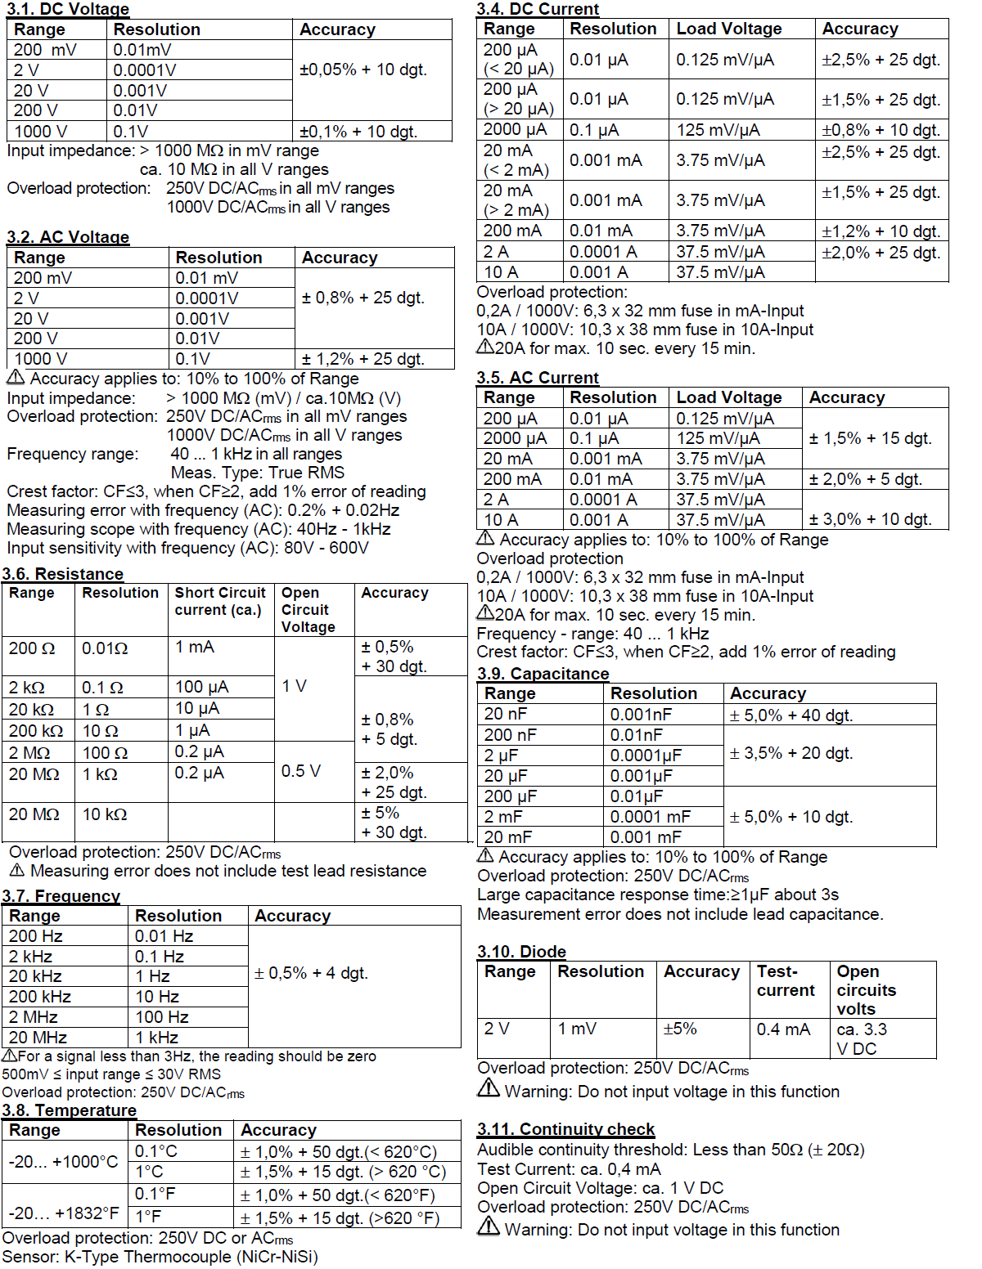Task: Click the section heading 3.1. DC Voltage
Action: point(68,9)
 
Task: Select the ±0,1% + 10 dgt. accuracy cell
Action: point(358,132)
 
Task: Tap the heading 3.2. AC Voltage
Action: point(68,237)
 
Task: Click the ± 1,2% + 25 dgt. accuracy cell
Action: point(363,359)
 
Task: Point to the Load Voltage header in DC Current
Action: point(728,29)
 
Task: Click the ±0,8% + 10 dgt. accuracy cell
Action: point(881,130)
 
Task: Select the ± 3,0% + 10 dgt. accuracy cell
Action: point(870,519)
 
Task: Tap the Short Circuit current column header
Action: point(220,601)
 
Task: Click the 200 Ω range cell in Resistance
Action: point(32,648)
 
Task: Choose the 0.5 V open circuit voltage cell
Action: point(301,771)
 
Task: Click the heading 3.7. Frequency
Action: point(61,896)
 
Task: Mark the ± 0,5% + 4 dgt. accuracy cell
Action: point(311,973)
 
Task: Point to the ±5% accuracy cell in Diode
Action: point(680,1029)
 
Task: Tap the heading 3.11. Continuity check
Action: point(565,1129)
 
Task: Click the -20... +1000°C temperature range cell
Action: point(64,1162)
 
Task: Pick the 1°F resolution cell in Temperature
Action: point(148,1217)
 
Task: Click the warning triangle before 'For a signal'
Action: point(10,1056)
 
